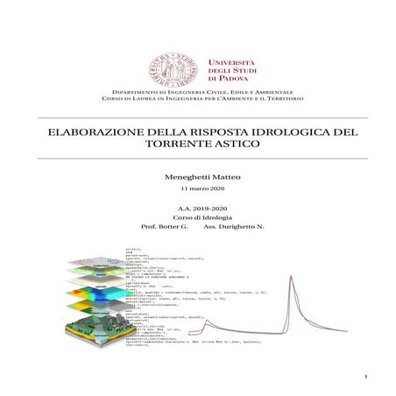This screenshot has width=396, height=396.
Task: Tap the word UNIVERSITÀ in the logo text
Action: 231,61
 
